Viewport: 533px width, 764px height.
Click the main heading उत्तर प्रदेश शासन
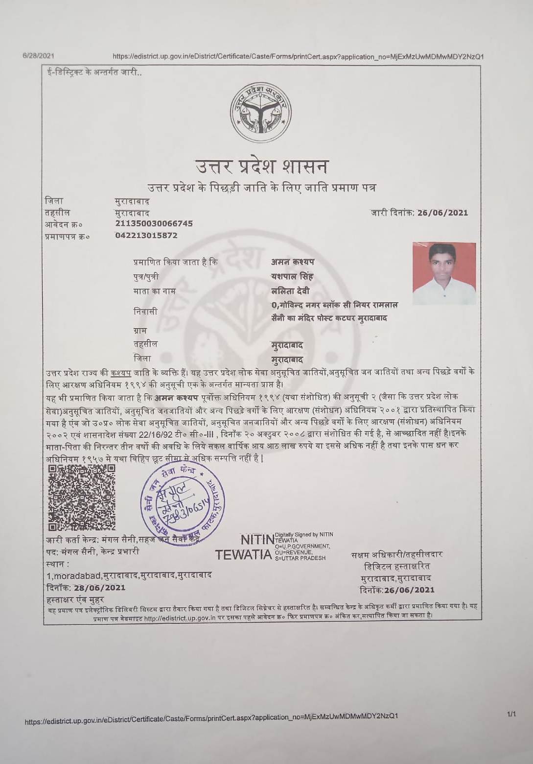click(262, 167)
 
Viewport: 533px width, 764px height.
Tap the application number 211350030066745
click(154, 224)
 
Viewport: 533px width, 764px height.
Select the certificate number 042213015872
click(146, 236)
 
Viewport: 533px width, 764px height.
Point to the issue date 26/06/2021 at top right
click(442, 213)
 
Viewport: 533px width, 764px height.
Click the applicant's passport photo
click(444, 273)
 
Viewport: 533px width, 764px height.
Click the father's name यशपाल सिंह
click(292, 277)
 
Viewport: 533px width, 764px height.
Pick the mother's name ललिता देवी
click(290, 291)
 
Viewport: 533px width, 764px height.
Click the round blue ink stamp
click(183, 501)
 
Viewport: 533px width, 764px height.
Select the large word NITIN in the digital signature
click(257, 540)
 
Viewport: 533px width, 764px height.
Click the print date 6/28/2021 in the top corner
click(38, 55)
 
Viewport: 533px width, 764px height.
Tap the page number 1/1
click(511, 715)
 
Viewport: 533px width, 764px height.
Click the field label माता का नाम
click(155, 291)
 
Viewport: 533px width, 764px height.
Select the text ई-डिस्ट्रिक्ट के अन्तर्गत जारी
click(92, 73)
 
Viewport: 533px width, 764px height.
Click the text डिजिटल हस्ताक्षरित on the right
click(397, 567)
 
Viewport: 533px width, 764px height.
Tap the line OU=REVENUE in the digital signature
click(294, 552)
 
